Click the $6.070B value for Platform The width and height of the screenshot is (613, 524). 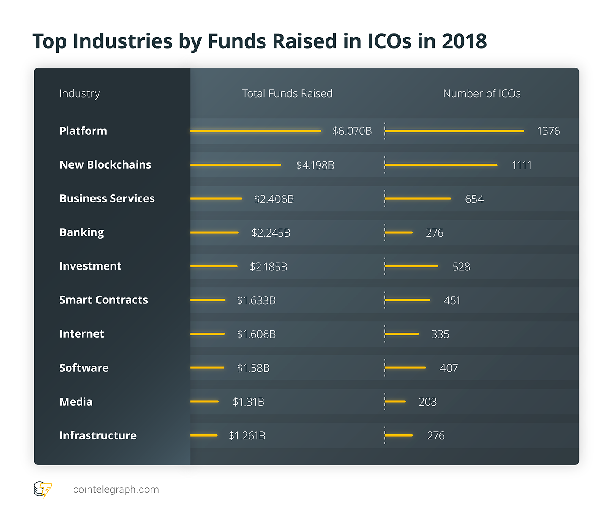352,131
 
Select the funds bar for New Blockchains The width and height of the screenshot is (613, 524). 235,165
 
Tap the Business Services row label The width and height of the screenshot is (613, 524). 107,199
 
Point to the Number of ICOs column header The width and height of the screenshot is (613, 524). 482,93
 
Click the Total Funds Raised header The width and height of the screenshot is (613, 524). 287,93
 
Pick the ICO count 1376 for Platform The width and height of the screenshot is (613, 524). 548,131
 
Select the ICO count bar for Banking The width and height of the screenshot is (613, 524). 399,232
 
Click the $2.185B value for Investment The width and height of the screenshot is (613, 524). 268,267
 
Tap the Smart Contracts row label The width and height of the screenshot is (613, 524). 104,300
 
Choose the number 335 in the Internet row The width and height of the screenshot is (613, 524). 440,334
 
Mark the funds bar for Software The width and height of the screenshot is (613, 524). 207,368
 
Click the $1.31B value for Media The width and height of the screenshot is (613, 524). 249,402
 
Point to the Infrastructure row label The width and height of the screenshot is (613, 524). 98,436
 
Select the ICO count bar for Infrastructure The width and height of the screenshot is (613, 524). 399,435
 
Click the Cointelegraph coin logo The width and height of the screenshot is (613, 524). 43,490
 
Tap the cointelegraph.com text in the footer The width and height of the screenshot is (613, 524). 116,490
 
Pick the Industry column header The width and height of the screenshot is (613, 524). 79,93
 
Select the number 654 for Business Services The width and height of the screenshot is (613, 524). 474,199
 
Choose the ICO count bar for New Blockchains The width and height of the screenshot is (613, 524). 441,165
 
